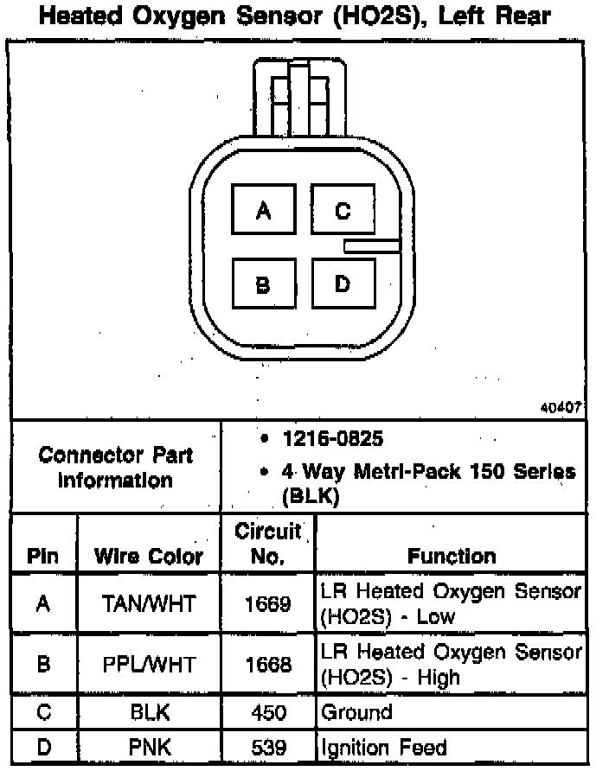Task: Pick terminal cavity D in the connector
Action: coord(343,284)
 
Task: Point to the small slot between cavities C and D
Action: coord(372,246)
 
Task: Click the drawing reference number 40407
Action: coord(562,407)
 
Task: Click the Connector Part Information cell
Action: coord(116,467)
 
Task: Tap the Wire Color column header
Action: coord(149,557)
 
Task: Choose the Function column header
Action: coord(452,557)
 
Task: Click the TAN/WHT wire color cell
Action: coord(149,604)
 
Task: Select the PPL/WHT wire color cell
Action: coord(149,664)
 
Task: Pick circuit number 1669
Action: coord(267,604)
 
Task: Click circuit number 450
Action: coord(267,713)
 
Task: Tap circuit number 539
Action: coord(267,748)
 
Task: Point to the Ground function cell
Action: coord(356,713)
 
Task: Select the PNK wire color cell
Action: coord(149,748)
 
